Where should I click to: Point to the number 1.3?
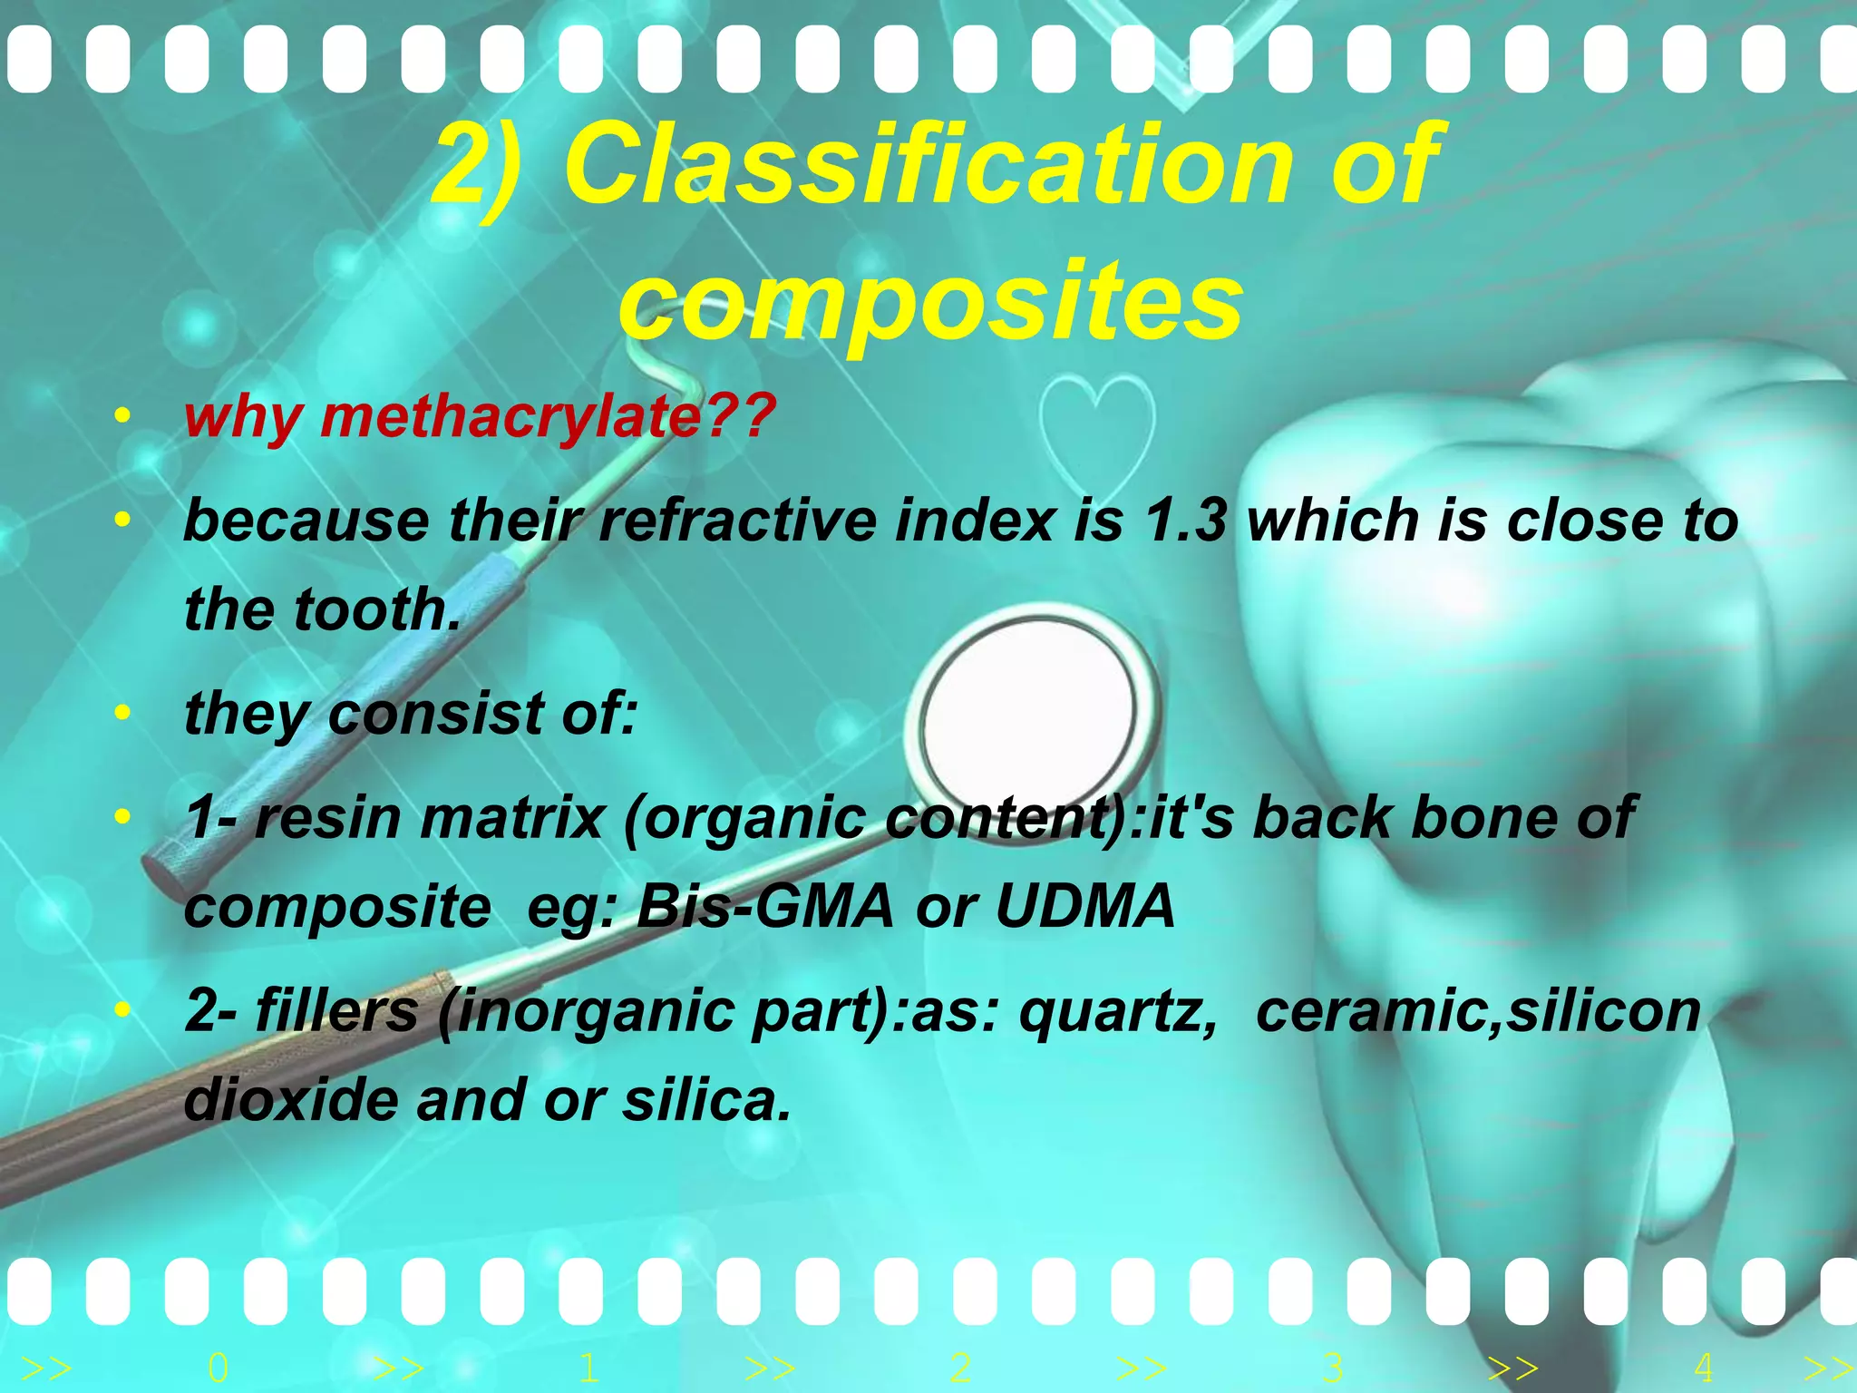(1185, 521)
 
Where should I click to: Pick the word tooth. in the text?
(377, 609)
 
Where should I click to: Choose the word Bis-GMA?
(764, 906)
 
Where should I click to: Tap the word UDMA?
(1084, 906)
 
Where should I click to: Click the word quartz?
(1117, 1011)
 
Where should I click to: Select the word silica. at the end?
(706, 1100)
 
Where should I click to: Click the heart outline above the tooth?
(1096, 435)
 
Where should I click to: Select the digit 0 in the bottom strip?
(218, 1367)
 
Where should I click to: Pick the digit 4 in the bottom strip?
(1703, 1367)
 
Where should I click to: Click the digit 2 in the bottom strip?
(961, 1367)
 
